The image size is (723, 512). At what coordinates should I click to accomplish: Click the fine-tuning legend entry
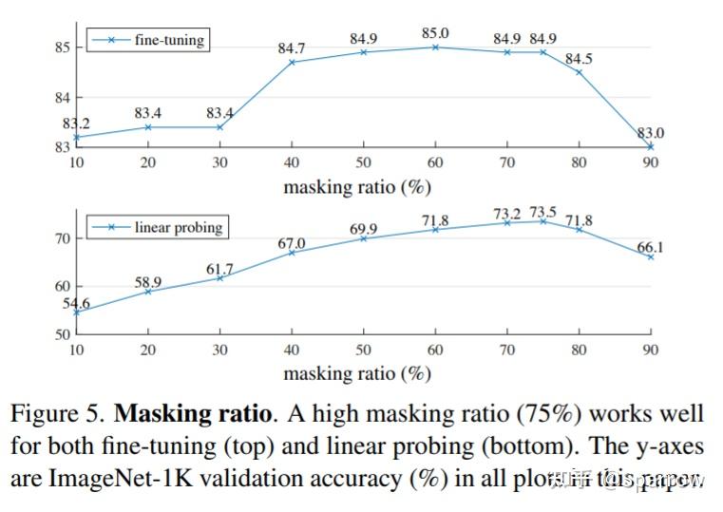(147, 40)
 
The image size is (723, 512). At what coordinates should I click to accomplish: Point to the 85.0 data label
(435, 34)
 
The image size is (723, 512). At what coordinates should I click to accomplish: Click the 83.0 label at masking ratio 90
(650, 133)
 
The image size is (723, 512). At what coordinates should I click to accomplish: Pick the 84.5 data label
(580, 59)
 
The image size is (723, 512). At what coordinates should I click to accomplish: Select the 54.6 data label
(76, 302)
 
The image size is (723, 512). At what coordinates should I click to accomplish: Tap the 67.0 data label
(291, 244)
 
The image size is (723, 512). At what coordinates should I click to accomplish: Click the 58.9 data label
(148, 282)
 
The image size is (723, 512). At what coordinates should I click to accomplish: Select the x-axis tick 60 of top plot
(435, 162)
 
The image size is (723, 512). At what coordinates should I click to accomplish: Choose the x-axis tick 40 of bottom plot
(292, 350)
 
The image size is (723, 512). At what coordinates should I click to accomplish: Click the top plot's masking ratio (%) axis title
(356, 187)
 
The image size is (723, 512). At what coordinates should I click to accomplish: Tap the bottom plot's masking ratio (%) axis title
(356, 373)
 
